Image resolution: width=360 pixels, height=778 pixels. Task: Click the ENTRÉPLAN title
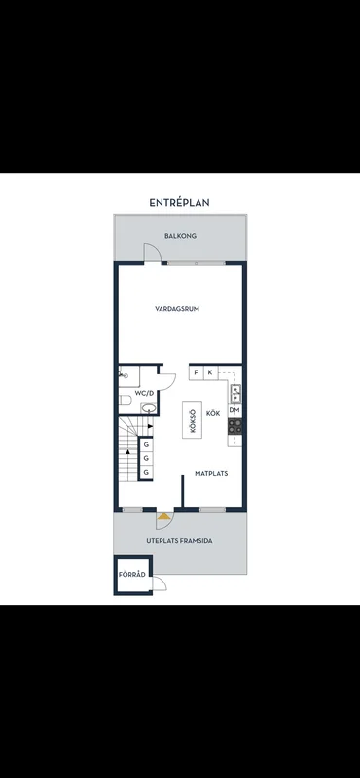(179, 203)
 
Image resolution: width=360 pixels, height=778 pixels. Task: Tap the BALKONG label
(180, 236)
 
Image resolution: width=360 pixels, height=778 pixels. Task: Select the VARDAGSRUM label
(177, 309)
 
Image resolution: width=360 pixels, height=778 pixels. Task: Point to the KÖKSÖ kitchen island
(193, 419)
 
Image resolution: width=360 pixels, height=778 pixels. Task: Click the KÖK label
(213, 413)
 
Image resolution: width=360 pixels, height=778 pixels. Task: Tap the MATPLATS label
(211, 474)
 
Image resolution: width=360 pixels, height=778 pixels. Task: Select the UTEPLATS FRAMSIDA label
(179, 541)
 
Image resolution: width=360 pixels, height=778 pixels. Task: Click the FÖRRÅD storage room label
(132, 575)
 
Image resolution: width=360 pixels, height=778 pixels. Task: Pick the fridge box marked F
(197, 372)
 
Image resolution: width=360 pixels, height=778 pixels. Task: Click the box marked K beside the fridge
(210, 372)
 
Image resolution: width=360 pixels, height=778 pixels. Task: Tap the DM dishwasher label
(234, 410)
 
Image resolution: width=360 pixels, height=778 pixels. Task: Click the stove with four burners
(234, 425)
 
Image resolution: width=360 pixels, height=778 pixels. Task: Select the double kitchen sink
(234, 393)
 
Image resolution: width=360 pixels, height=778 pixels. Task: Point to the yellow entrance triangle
(163, 516)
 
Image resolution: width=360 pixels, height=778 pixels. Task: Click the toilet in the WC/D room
(126, 400)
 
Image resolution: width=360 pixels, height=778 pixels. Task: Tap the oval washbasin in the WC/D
(149, 408)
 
